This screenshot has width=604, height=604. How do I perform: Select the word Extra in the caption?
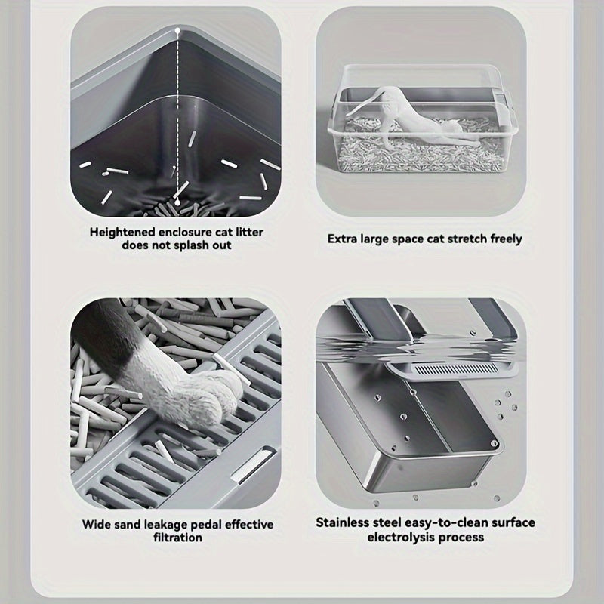pyautogui.click(x=343, y=239)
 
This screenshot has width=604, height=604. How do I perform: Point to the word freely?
pyautogui.click(x=504, y=239)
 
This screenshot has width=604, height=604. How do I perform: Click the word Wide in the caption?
pyautogui.click(x=96, y=524)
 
